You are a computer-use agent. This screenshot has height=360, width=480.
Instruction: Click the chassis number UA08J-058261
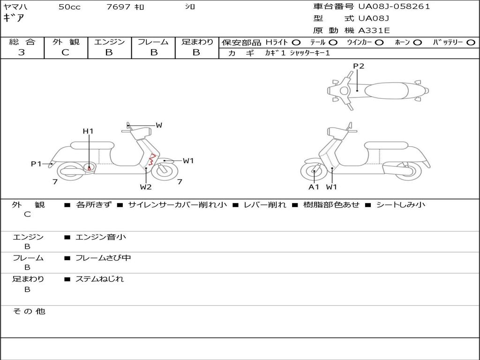[x=394, y=7]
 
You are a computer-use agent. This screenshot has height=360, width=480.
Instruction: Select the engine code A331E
[x=374, y=30]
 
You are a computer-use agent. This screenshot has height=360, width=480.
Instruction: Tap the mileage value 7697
[x=119, y=7]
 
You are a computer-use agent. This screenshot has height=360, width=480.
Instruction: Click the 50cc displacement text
[x=69, y=7]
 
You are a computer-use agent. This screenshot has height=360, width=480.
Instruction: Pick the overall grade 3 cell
[x=22, y=52]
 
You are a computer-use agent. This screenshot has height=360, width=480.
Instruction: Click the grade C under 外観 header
[x=66, y=52]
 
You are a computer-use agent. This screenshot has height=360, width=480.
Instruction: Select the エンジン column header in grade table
[x=109, y=42]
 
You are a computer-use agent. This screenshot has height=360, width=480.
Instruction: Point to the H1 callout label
[x=88, y=131]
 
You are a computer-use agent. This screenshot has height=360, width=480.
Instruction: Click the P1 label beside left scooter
[x=36, y=164]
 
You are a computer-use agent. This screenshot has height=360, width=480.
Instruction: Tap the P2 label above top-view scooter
[x=358, y=66]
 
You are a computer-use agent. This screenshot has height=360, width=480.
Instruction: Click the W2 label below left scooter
[x=146, y=187]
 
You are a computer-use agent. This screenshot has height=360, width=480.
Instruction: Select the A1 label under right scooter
[x=314, y=187]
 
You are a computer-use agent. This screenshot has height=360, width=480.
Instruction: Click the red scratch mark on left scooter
[x=151, y=161]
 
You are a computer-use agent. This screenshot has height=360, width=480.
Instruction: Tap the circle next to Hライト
[x=296, y=42]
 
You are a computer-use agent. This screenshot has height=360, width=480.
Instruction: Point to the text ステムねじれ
[x=99, y=279]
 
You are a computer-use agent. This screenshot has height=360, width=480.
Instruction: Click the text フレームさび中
[x=103, y=258]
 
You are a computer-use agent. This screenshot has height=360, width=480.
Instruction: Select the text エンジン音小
[x=101, y=237]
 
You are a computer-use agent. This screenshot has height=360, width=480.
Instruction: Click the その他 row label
[x=29, y=311]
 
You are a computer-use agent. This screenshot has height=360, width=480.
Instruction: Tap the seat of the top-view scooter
[x=384, y=90]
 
